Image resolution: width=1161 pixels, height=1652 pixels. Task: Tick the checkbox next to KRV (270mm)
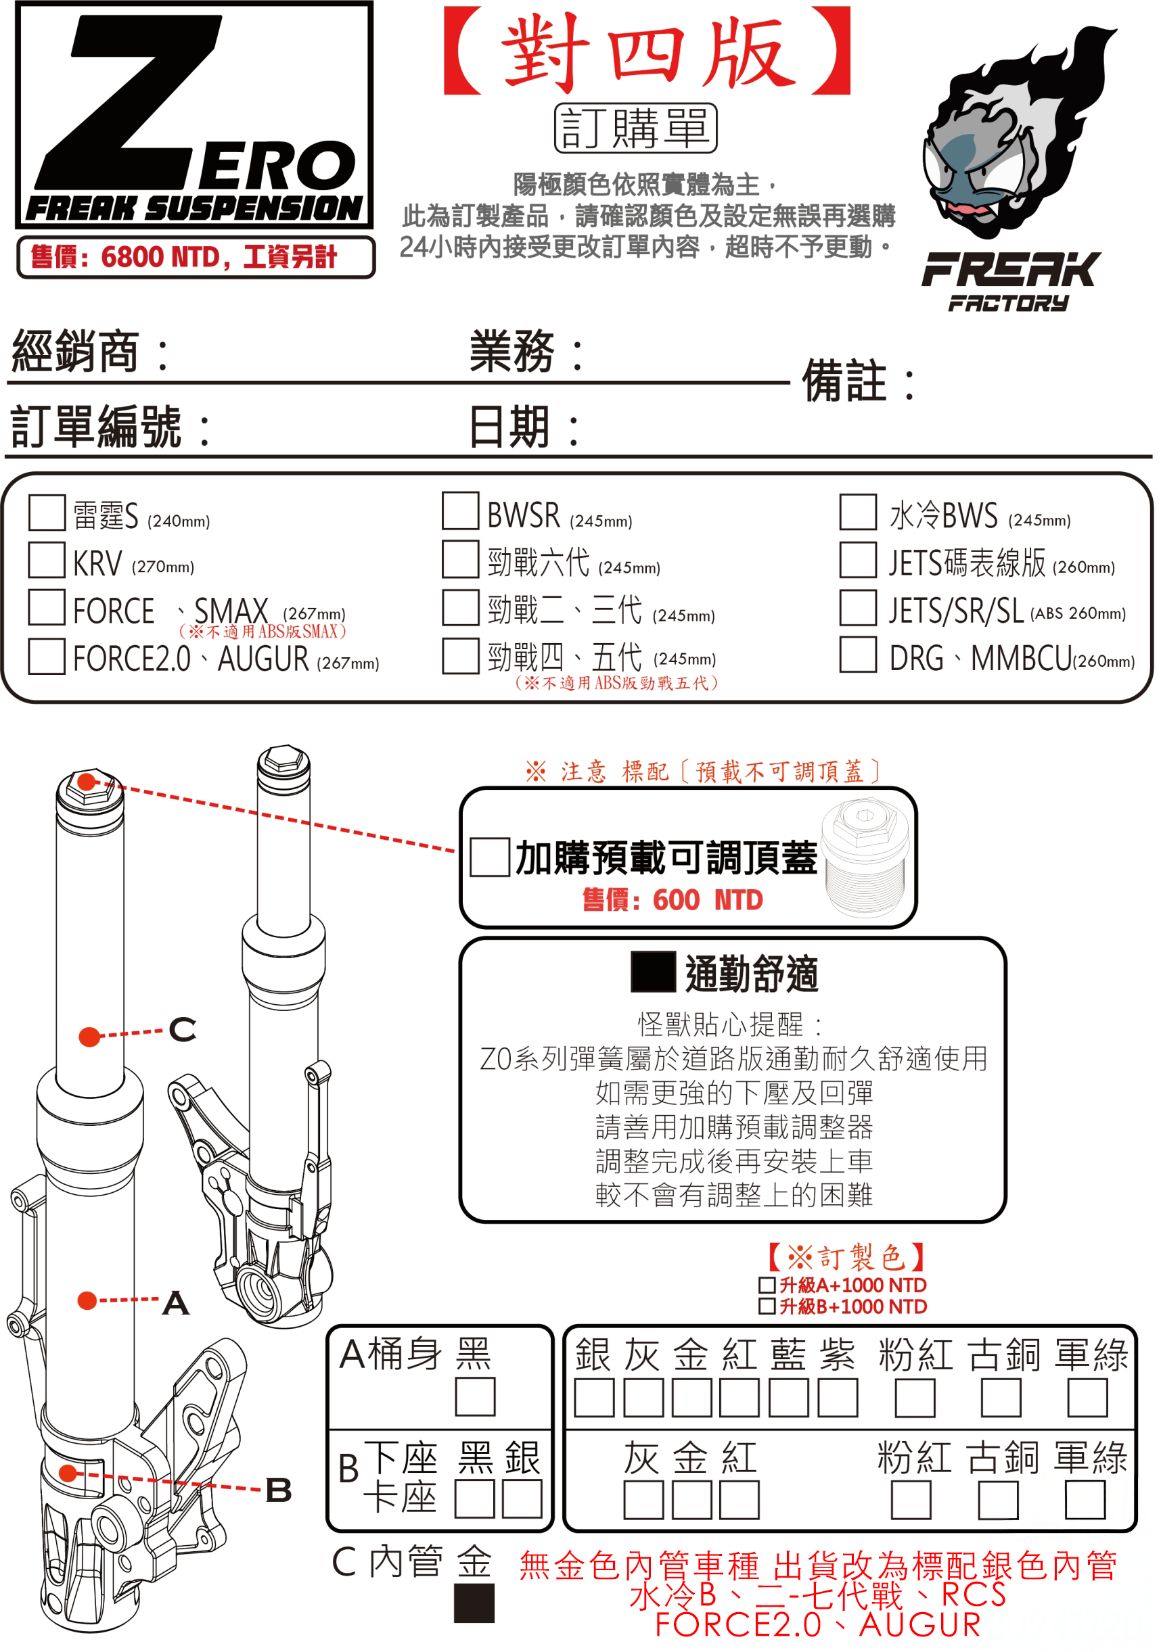pos(47,560)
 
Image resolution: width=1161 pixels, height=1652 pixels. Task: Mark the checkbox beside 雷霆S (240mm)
pos(47,513)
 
